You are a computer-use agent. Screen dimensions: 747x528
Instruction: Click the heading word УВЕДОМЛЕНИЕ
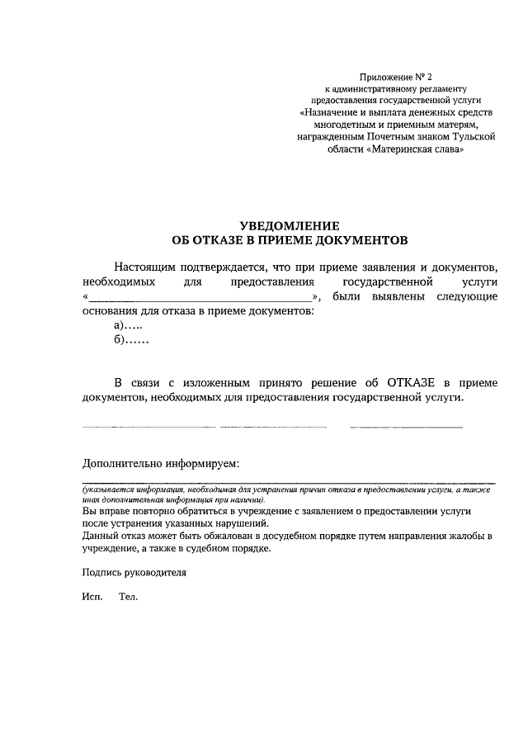[289, 225]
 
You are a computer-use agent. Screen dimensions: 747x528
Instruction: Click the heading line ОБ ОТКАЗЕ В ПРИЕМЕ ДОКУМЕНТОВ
[289, 240]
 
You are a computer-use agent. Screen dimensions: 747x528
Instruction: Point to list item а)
[129, 327]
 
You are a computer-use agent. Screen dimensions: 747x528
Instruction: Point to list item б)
[131, 341]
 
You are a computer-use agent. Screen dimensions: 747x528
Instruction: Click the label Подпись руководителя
[134, 571]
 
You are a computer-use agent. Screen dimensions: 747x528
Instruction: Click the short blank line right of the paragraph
[406, 427]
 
